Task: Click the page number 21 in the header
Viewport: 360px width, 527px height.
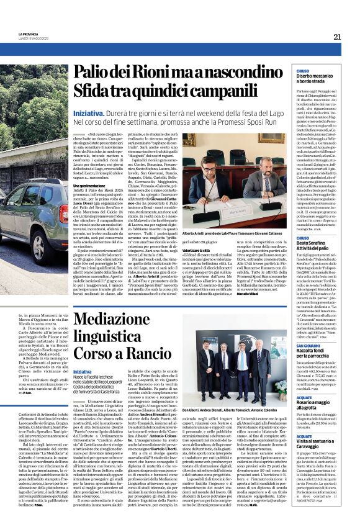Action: tap(337, 37)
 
